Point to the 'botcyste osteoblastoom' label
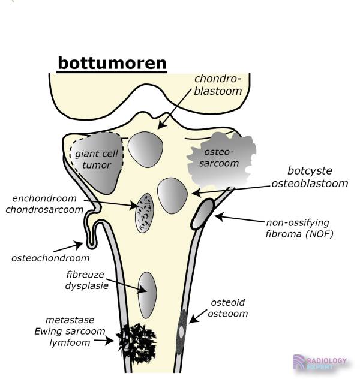coord(309,177)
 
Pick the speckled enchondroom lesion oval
coord(145,212)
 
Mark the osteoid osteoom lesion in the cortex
coord(181,331)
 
